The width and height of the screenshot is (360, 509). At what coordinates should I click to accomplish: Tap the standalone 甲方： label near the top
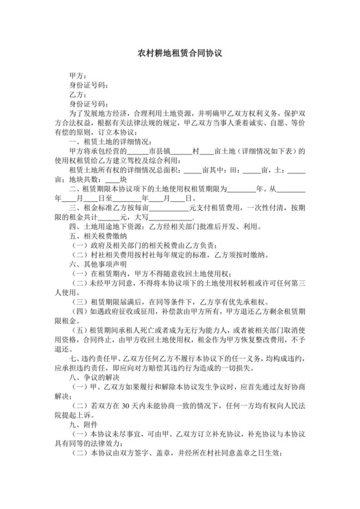78,76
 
